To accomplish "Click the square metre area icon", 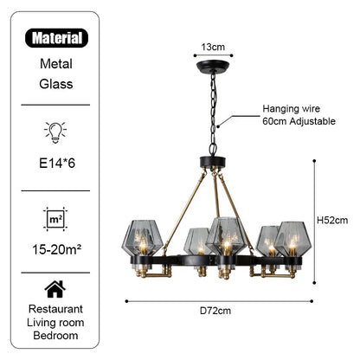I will click(x=57, y=218).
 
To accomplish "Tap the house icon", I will click(x=57, y=288).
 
